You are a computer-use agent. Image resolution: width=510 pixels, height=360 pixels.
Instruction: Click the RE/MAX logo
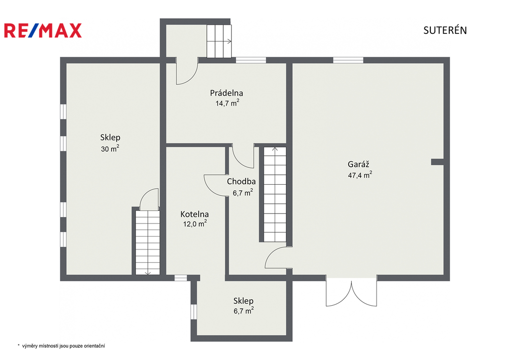click(x=43, y=30)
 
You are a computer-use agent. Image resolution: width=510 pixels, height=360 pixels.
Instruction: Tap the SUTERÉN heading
click(x=445, y=30)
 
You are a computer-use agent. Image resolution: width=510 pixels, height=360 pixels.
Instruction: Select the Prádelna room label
click(x=227, y=93)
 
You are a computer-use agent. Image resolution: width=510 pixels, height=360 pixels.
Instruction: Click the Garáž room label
click(x=359, y=164)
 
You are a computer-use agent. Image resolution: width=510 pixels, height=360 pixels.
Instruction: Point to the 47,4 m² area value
click(x=360, y=175)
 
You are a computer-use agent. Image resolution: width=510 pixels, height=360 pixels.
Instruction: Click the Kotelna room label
click(x=195, y=214)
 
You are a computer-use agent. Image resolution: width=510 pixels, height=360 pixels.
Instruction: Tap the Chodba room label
click(x=242, y=181)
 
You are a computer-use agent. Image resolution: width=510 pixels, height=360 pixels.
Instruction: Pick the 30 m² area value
click(x=110, y=148)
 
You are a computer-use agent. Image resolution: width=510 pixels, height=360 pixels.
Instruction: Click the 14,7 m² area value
click(x=227, y=103)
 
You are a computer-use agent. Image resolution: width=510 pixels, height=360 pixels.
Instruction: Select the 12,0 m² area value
click(x=195, y=224)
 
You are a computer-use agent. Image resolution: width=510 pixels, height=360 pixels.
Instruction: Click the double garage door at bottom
click(x=352, y=292)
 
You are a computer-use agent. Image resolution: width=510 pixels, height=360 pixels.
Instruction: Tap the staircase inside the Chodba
click(x=275, y=194)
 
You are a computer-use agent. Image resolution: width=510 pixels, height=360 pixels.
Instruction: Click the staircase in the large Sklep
click(x=147, y=242)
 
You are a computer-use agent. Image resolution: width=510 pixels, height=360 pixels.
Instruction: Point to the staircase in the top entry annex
click(x=219, y=41)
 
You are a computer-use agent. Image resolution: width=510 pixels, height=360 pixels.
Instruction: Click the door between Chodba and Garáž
click(x=278, y=257)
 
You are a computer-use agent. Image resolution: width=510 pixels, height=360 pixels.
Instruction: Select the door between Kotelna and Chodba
click(x=215, y=185)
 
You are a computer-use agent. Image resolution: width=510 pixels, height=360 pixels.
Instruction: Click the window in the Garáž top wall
click(x=348, y=60)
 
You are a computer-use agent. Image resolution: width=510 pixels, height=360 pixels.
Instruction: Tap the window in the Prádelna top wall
click(x=251, y=60)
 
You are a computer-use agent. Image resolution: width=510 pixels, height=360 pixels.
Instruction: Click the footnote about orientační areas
click(x=61, y=346)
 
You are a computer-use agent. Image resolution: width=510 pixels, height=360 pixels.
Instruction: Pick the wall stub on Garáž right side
click(x=437, y=162)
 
